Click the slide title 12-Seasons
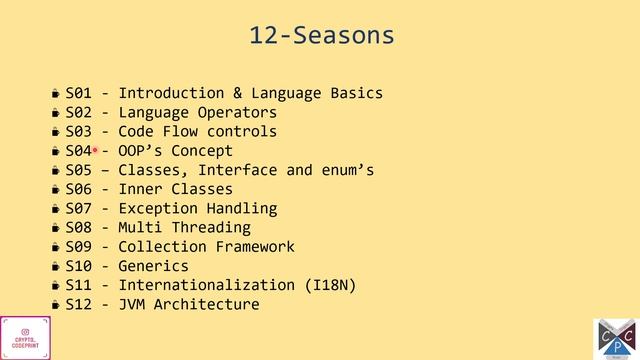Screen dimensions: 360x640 point(321,37)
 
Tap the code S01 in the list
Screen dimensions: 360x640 point(78,94)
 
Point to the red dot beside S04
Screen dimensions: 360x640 point(95,151)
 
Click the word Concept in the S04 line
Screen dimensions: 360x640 point(202,151)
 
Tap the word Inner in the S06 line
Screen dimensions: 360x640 point(140,189)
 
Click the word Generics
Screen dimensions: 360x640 point(153,266)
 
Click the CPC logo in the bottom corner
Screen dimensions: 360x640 point(616,338)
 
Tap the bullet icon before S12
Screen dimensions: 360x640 point(57,305)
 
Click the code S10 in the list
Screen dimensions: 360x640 point(78,266)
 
